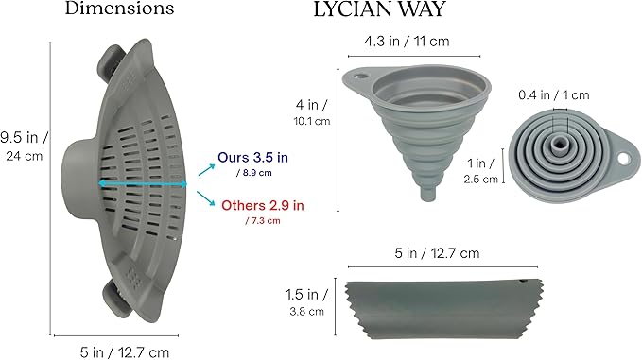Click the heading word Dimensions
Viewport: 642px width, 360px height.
[x=119, y=9]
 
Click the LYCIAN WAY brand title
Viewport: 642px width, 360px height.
[x=379, y=9]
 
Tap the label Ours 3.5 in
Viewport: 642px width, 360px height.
[x=252, y=158]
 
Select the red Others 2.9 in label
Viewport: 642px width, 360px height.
[x=263, y=205]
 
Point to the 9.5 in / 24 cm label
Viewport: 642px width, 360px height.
[x=24, y=146]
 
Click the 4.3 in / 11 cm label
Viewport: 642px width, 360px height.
[x=407, y=42]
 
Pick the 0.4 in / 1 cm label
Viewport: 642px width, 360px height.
[x=553, y=95]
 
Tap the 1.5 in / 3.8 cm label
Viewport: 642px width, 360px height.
[x=306, y=302]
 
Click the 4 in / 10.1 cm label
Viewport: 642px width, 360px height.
[x=312, y=112]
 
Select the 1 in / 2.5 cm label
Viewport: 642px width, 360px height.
[x=480, y=171]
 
